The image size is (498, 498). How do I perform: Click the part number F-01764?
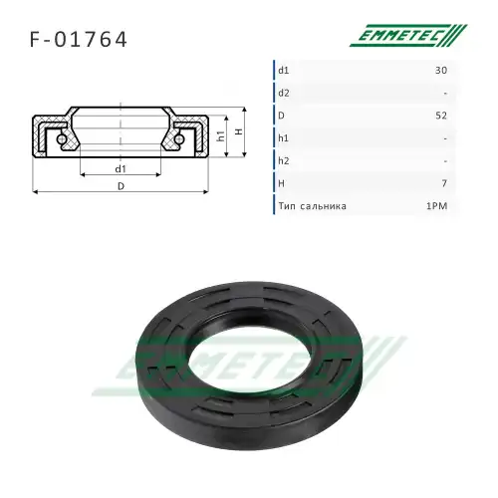point(79,40)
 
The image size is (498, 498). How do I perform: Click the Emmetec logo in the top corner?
point(408,35)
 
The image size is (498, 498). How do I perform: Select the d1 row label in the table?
point(284,71)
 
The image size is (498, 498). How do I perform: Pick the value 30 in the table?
point(441,71)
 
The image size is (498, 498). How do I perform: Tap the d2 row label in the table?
point(284,93)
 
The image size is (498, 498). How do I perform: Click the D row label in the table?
point(281,116)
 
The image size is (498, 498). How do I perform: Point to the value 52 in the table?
point(441,116)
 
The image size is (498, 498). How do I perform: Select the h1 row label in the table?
point(283,138)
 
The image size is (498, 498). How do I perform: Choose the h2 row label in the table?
point(284,160)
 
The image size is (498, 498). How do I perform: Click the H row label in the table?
point(282,183)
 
